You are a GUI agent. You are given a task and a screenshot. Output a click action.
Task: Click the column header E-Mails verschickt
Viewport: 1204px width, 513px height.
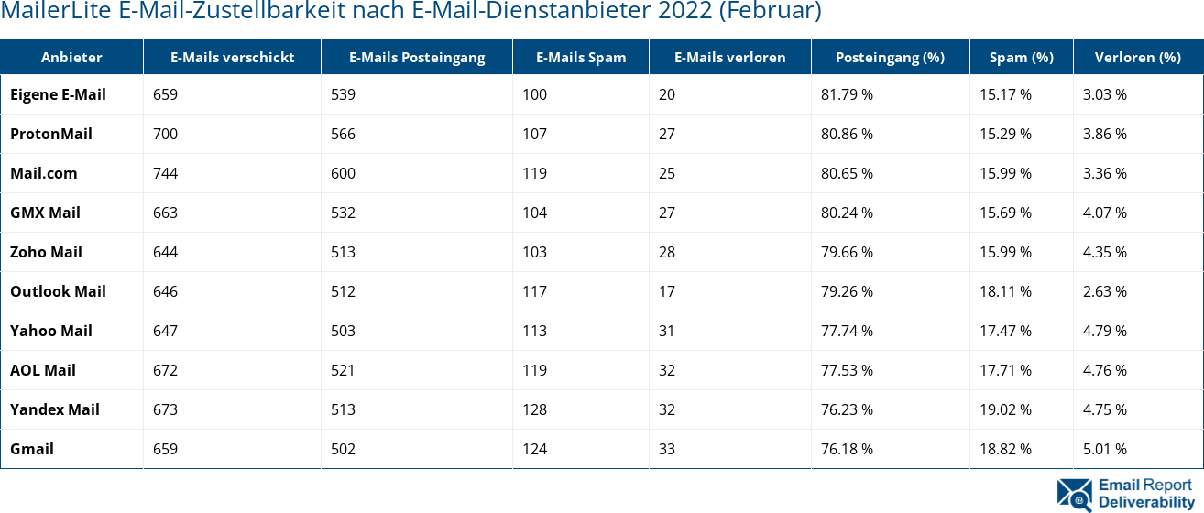pyautogui.click(x=232, y=57)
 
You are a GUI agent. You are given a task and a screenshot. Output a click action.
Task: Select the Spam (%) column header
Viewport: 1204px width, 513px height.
pyautogui.click(x=1021, y=57)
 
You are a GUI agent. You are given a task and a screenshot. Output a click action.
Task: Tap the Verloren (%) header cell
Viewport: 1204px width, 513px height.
pyautogui.click(x=1137, y=57)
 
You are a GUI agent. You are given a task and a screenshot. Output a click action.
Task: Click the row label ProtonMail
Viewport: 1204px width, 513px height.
pyautogui.click(x=51, y=134)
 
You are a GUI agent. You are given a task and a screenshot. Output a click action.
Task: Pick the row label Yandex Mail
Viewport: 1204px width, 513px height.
pyautogui.click(x=55, y=409)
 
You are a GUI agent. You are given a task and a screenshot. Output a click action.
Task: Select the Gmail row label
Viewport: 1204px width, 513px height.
pyautogui.click(x=32, y=449)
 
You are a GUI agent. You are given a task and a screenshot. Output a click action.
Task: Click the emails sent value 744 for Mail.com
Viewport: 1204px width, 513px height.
pyautogui.click(x=165, y=173)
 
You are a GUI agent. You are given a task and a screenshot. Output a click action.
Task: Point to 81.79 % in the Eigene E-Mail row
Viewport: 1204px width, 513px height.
pyautogui.click(x=847, y=94)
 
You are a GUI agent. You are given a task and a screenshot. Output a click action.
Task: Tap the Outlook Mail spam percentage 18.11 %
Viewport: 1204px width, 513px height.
pyautogui.click(x=1005, y=291)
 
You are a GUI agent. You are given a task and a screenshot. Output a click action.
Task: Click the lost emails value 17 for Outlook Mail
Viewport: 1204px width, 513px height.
pyautogui.click(x=666, y=291)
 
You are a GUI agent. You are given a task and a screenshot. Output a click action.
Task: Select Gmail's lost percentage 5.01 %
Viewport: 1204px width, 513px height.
pyautogui.click(x=1104, y=449)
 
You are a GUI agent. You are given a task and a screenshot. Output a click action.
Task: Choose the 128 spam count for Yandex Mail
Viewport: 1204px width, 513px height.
pyautogui.click(x=534, y=409)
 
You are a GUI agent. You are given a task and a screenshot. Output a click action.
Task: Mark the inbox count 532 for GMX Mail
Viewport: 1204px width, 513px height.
pyautogui.click(x=343, y=213)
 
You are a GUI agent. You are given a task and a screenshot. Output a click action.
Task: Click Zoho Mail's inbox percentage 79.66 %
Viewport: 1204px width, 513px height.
pyautogui.click(x=847, y=252)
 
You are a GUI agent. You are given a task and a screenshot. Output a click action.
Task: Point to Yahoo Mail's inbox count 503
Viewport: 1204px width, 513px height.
pyautogui.click(x=343, y=331)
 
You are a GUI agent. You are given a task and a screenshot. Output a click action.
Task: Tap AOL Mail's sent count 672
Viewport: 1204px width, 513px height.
pyautogui.click(x=165, y=370)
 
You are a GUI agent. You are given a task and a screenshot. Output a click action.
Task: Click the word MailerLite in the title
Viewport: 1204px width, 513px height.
pyautogui.click(x=58, y=12)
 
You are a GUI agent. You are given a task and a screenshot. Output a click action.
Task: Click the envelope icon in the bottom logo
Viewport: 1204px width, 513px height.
pyautogui.click(x=1074, y=494)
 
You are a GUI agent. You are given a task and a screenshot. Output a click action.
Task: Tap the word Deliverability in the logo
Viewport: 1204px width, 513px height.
pyautogui.click(x=1145, y=502)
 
